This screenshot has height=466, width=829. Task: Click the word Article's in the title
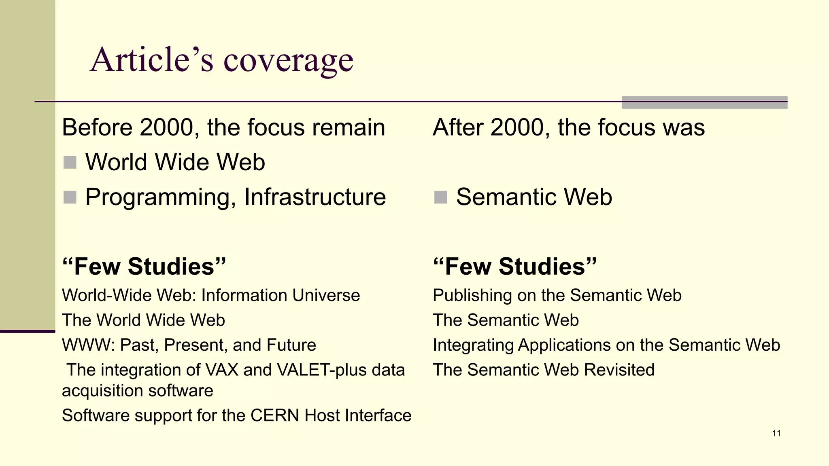tap(151, 60)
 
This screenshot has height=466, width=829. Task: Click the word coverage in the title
tap(288, 61)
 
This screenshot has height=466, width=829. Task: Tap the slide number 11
tap(776, 433)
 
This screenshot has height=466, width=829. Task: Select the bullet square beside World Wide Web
tap(70, 163)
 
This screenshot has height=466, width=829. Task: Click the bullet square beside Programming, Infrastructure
tap(70, 197)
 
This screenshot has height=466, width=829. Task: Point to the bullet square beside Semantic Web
tap(440, 197)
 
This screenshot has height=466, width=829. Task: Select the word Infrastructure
tap(315, 197)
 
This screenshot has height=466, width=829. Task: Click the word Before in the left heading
tap(97, 127)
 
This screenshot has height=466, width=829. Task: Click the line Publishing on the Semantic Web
tap(557, 295)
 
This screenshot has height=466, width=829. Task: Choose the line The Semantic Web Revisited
tap(543, 370)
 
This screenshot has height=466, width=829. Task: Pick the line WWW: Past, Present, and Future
tap(189, 345)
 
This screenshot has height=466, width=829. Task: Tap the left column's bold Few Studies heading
tap(144, 267)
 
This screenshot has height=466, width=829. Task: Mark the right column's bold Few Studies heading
tap(514, 267)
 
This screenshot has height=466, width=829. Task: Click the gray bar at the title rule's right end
tap(704, 102)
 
